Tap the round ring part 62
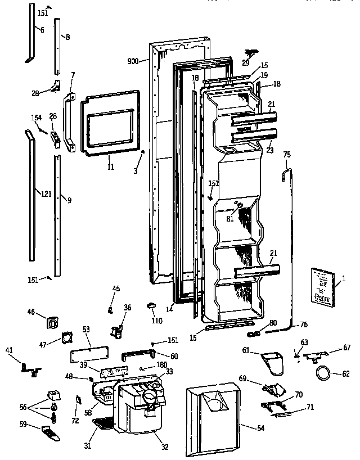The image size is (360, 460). click(x=325, y=372)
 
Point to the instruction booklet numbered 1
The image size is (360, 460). click(x=321, y=287)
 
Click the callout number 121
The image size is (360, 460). click(x=46, y=194)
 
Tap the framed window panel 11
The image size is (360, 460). click(x=110, y=123)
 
